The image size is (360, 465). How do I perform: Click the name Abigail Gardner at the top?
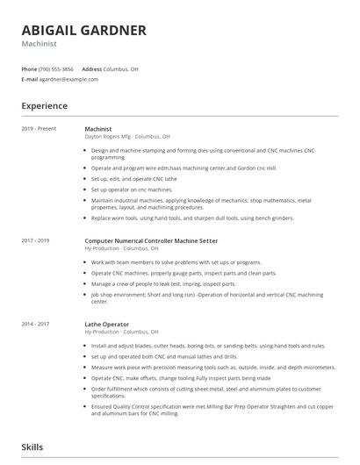point(84,30)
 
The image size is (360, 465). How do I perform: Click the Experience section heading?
point(45,106)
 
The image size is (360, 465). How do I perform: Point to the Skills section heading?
point(33,447)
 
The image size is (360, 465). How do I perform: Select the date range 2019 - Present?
point(39,129)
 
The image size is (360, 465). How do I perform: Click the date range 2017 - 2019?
point(36,240)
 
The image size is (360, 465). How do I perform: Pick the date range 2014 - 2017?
point(36,325)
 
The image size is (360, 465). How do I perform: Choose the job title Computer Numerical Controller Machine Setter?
point(151,240)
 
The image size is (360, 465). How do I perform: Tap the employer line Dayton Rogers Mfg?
point(127,137)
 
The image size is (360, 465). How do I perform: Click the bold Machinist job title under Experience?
point(98,129)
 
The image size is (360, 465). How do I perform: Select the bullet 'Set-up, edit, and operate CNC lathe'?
point(133,178)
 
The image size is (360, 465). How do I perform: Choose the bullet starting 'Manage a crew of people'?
point(163,283)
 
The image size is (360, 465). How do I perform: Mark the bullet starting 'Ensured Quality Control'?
point(211,408)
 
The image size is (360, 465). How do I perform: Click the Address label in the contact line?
point(92,68)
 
